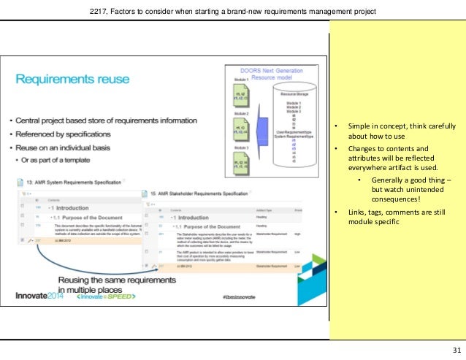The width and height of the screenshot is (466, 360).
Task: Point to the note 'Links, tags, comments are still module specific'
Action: pos(390,218)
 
